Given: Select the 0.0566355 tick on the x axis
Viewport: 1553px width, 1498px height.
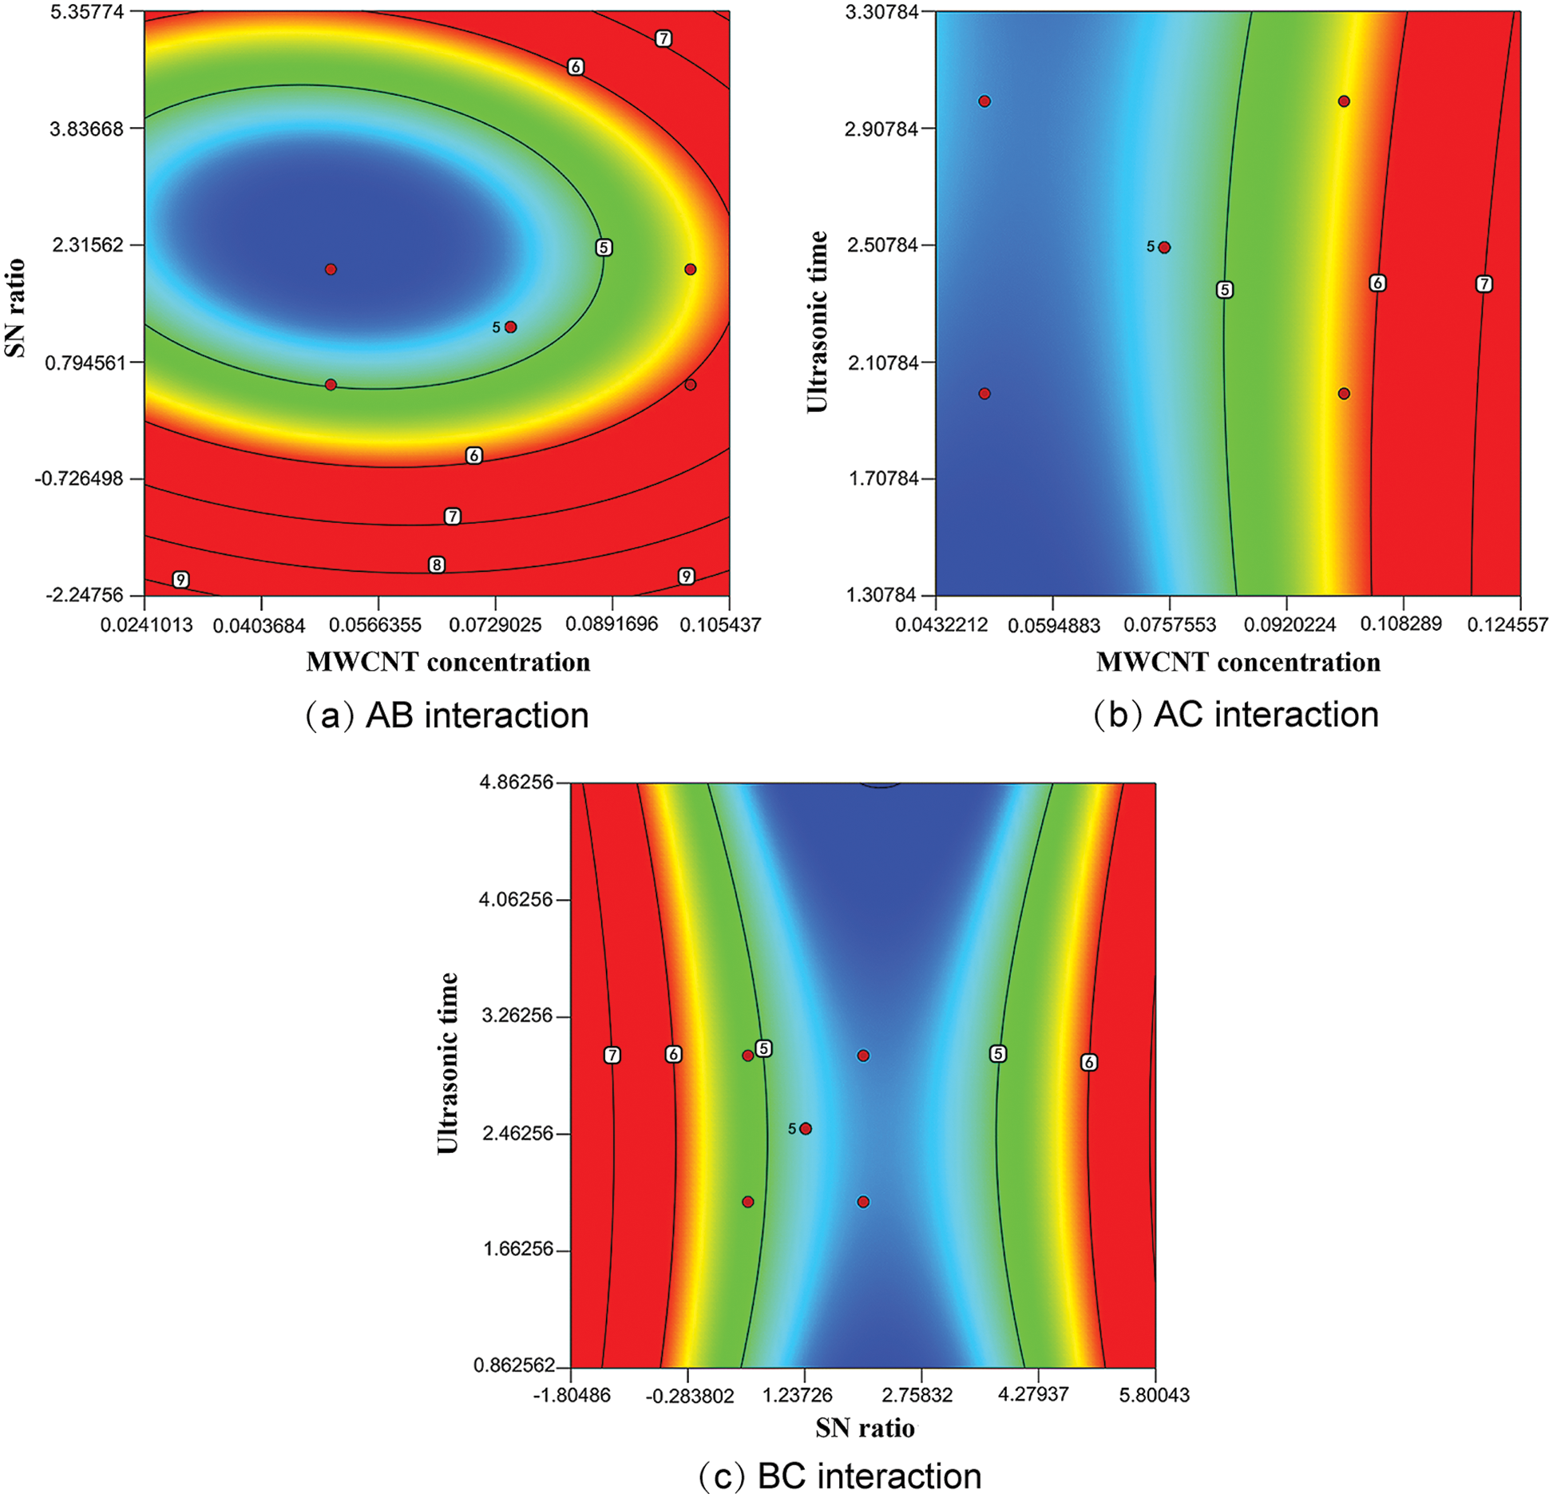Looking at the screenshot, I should [378, 624].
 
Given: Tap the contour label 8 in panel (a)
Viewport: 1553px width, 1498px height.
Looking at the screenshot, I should [436, 565].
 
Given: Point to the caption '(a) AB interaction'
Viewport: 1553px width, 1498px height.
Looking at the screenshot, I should [447, 715].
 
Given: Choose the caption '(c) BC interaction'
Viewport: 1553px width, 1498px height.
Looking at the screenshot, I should [840, 1476].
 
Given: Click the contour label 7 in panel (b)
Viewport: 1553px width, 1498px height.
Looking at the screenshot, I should [1484, 283].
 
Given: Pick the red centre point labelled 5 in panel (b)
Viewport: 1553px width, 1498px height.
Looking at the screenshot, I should [1164, 248].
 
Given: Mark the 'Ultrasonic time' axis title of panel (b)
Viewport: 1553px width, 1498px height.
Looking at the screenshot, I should [817, 321].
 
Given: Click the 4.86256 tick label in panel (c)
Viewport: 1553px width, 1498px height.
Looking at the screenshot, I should [516, 783].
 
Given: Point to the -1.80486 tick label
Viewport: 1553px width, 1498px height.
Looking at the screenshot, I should [571, 1395].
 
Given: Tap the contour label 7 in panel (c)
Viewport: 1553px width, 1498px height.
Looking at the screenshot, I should [612, 1056].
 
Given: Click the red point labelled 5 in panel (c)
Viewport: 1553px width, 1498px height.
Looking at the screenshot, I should [806, 1128].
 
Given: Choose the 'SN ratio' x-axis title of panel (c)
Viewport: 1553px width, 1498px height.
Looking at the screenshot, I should [865, 1428].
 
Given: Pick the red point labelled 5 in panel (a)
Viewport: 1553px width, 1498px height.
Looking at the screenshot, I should [511, 327].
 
